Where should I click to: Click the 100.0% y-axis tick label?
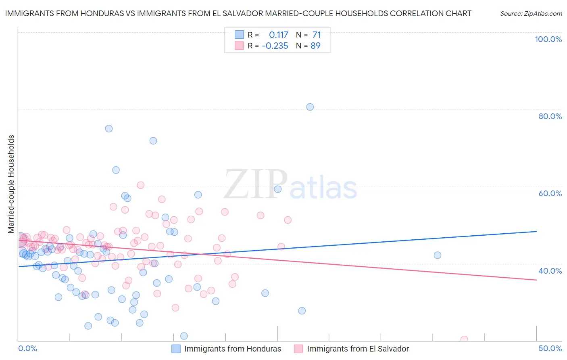click(x=548, y=39)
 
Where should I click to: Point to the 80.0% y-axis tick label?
click(x=550, y=116)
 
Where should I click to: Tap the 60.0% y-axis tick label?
click(x=550, y=193)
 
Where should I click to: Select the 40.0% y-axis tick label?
click(x=550, y=271)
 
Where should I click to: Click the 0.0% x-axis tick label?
click(x=27, y=348)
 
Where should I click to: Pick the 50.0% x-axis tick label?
click(x=550, y=348)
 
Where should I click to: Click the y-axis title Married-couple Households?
click(x=11, y=184)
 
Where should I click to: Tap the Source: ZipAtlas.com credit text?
click(x=531, y=13)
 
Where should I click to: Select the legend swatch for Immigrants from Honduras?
click(x=176, y=349)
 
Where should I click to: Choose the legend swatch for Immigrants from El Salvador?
click(x=298, y=349)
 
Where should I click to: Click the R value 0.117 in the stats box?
click(x=278, y=35)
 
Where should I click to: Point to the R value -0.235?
click(x=275, y=46)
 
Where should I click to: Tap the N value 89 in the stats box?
click(x=315, y=46)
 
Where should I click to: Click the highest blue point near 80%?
click(x=310, y=107)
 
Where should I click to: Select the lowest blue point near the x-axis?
click(x=184, y=336)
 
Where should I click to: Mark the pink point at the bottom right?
click(x=464, y=339)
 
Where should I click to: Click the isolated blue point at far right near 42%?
click(x=437, y=255)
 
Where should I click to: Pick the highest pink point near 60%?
click(x=140, y=185)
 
